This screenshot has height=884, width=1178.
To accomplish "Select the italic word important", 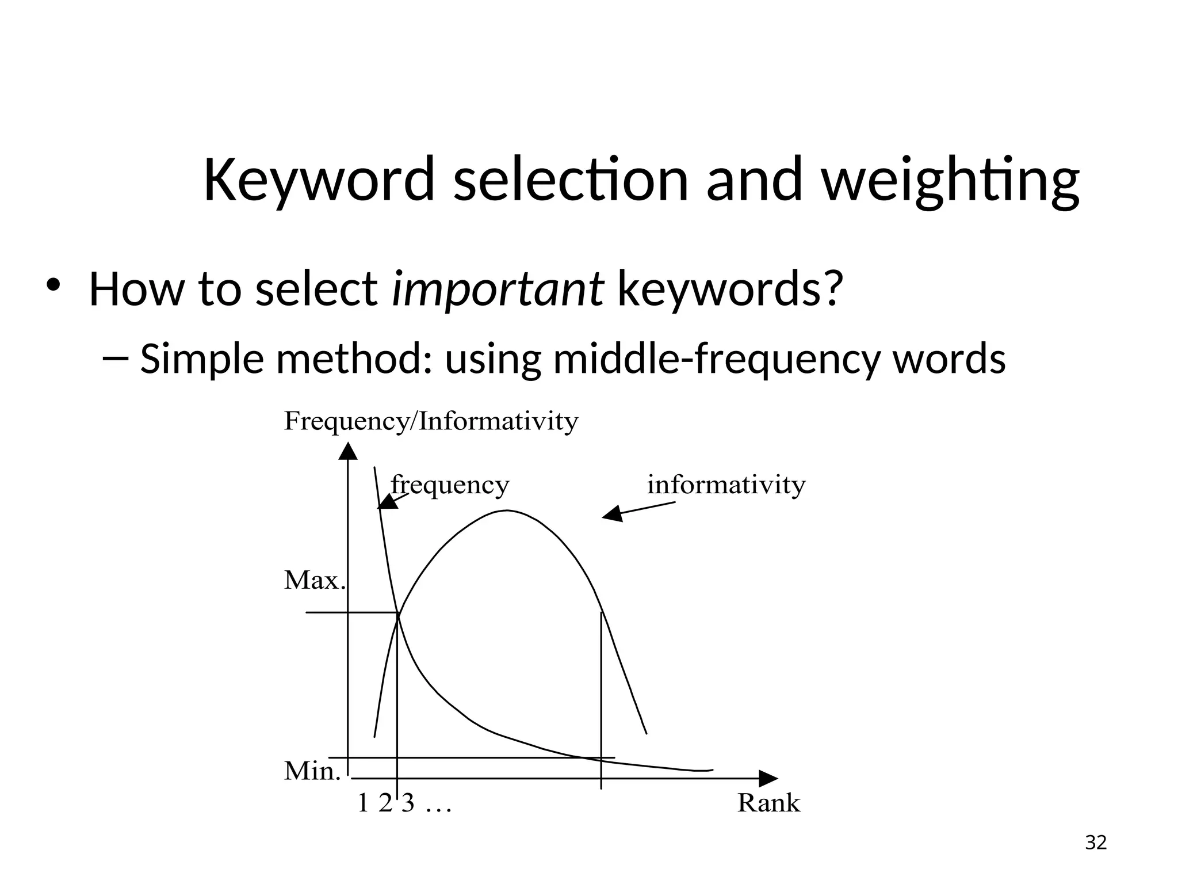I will [x=498, y=289].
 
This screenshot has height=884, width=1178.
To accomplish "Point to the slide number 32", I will [x=1096, y=843].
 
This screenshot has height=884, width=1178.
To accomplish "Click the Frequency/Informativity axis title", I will [x=431, y=422].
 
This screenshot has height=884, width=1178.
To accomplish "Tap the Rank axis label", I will [x=768, y=803].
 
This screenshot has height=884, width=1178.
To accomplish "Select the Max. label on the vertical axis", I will [x=315, y=581].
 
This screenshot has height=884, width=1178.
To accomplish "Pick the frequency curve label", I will [x=450, y=485].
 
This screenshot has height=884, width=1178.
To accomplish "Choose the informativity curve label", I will [x=726, y=485].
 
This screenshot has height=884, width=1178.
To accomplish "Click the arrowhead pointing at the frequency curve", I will [x=387, y=502].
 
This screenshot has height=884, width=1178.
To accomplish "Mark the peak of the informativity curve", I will [x=507, y=511].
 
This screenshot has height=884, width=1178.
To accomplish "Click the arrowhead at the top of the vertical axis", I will [x=348, y=451].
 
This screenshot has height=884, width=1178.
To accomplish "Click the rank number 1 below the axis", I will [x=362, y=803].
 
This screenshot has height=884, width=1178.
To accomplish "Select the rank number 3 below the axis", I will [x=408, y=803].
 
